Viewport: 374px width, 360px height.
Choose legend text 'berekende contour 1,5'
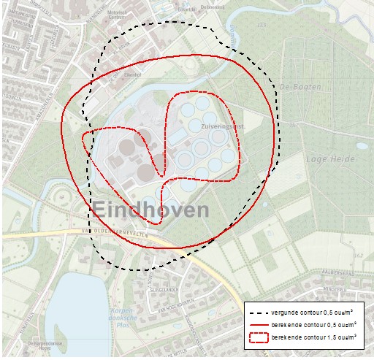tap(314, 338)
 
